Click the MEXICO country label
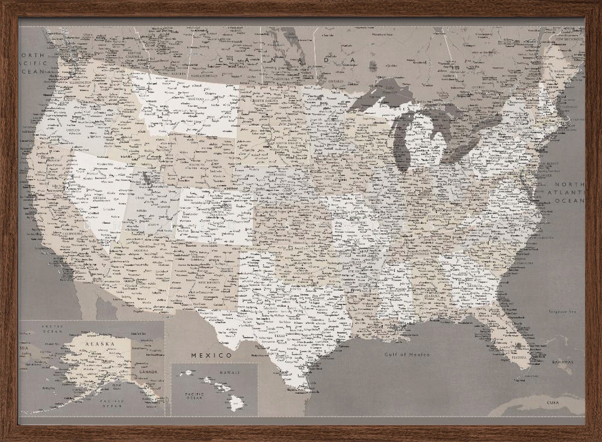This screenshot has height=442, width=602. [x=211, y=355]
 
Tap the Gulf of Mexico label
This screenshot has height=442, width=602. [x=408, y=354]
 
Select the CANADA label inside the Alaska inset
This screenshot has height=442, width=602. [x=149, y=371]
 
